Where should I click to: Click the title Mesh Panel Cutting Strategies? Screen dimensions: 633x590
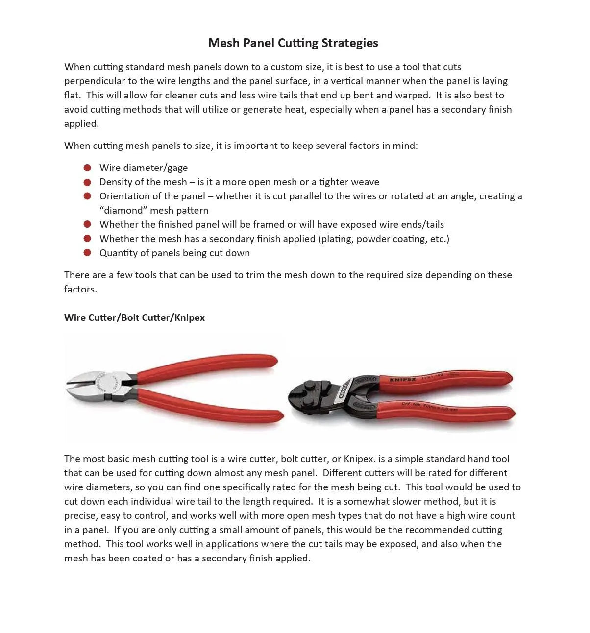pyautogui.click(x=293, y=43)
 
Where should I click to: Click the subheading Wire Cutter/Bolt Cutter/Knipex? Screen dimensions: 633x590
pyautogui.click(x=134, y=317)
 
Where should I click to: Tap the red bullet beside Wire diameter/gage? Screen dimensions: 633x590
pyautogui.click(x=87, y=168)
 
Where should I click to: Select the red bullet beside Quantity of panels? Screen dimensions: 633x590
pyautogui.click(x=87, y=253)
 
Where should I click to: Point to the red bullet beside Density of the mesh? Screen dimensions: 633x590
pyautogui.click(x=87, y=182)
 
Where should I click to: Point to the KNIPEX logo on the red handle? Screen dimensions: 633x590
pyautogui.click(x=402, y=380)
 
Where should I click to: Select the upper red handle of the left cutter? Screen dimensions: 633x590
pyautogui.click(x=211, y=365)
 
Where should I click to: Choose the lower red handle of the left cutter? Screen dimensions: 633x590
pyautogui.click(x=211, y=407)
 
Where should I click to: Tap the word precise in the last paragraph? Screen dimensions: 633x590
pyautogui.click(x=80, y=515)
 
